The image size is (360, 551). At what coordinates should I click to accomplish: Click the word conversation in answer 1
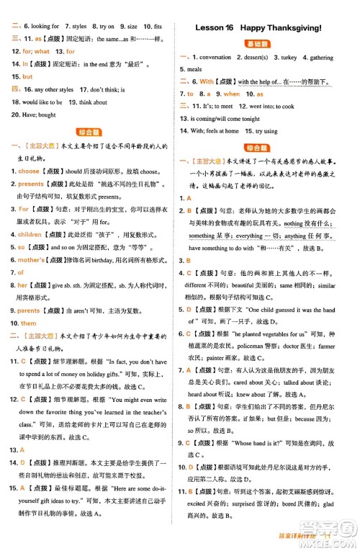point(215,57)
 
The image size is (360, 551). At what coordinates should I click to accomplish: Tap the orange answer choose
point(29,171)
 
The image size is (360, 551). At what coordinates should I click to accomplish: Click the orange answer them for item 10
point(29,323)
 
